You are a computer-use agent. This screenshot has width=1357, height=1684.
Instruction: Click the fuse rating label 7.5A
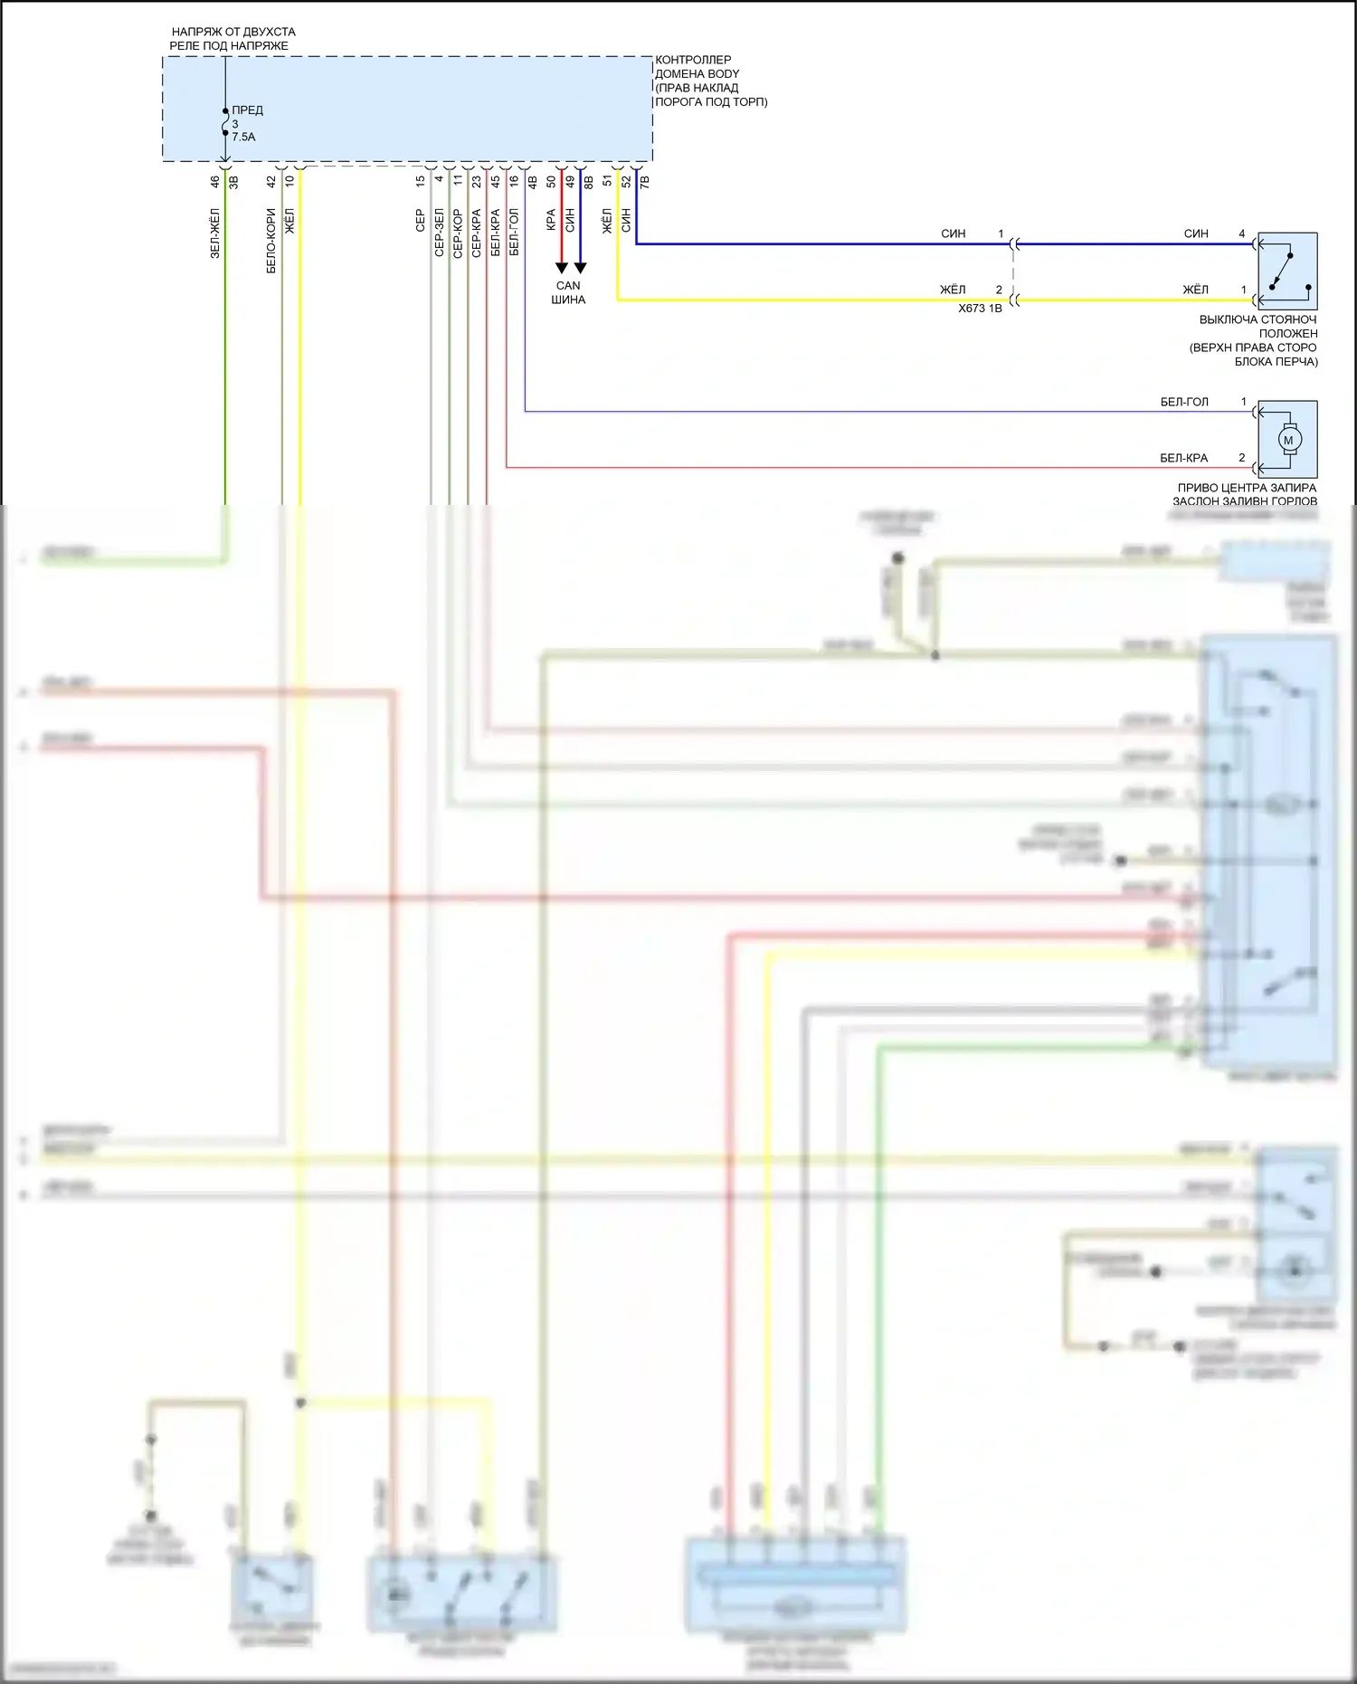[x=243, y=138]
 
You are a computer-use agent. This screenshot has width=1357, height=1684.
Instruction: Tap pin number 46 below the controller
[x=215, y=181]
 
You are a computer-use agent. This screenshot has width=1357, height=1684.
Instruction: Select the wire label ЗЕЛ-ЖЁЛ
[x=215, y=233]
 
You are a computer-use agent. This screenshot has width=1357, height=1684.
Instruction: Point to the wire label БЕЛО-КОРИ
[x=271, y=241]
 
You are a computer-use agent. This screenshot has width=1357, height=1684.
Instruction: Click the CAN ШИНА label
[x=568, y=292]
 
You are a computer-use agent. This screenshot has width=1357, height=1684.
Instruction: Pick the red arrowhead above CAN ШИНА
[x=562, y=268]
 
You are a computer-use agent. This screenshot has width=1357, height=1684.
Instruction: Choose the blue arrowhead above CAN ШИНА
[x=581, y=268]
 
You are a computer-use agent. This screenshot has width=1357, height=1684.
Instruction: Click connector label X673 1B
[x=980, y=309]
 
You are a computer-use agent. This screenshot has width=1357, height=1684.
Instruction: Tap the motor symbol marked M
[x=1288, y=441]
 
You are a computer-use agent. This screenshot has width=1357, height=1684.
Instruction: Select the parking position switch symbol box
[x=1287, y=271]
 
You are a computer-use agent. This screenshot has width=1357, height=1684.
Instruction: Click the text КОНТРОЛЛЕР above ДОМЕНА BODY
[x=693, y=60]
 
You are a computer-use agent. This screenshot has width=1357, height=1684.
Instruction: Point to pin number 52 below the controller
[x=626, y=181]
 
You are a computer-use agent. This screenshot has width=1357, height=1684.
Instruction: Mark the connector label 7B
[x=645, y=182]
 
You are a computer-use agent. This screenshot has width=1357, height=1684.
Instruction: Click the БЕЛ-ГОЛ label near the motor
[x=1184, y=402]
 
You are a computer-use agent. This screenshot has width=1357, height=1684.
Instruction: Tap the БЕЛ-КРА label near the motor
[x=1183, y=458]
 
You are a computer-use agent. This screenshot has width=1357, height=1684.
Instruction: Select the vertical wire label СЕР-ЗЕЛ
[x=440, y=233]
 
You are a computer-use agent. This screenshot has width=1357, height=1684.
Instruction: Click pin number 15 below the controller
[x=421, y=181]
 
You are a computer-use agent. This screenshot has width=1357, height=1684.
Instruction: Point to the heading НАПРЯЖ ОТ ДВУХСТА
[x=233, y=32]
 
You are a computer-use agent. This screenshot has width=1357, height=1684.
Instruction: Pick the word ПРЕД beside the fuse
[x=247, y=110]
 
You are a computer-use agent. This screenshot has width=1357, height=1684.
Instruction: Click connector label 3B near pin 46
[x=233, y=182]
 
